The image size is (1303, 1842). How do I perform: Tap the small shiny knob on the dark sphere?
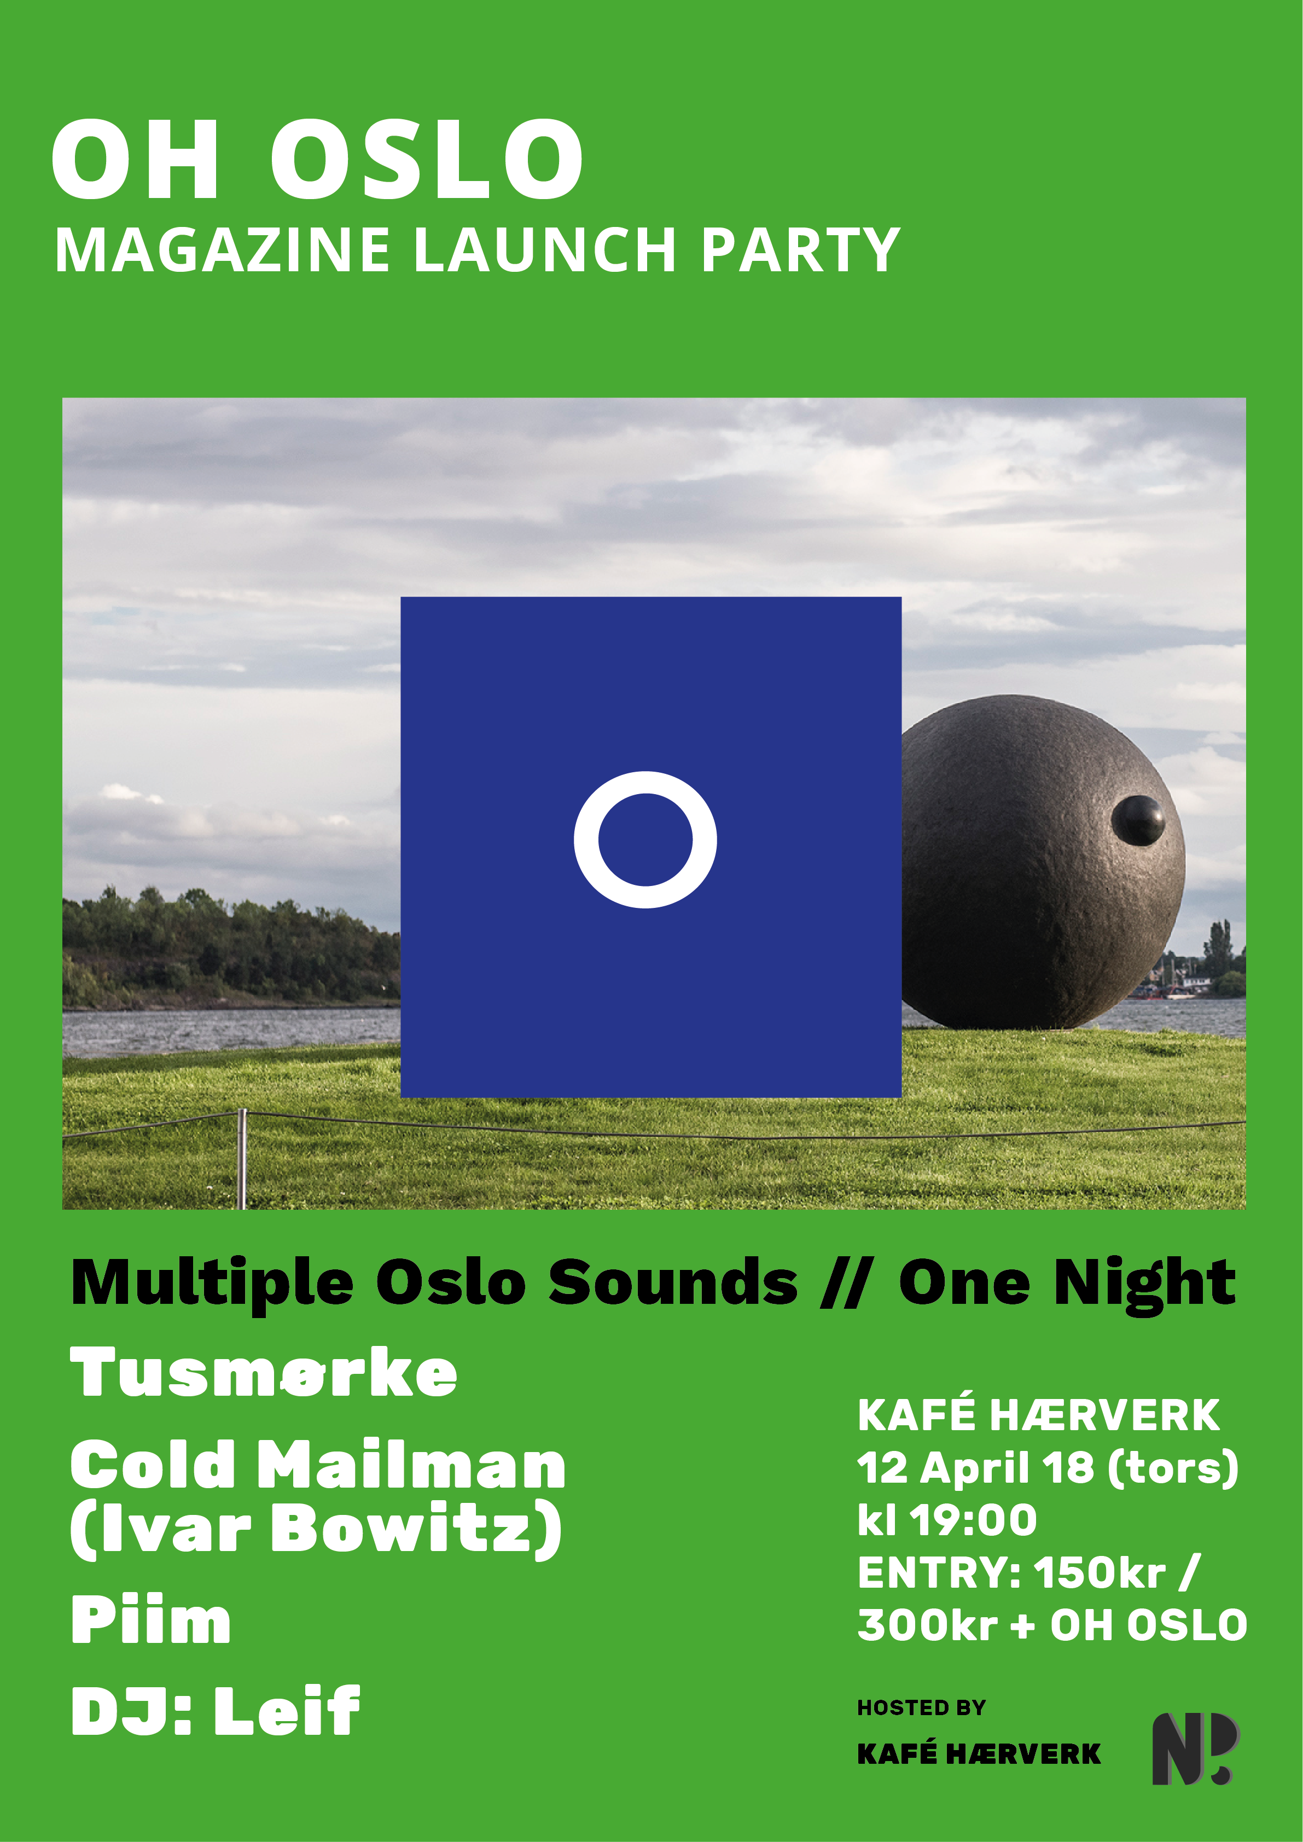(x=1138, y=820)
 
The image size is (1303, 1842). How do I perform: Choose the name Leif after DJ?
(x=287, y=1710)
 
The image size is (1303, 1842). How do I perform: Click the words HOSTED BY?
(x=921, y=1707)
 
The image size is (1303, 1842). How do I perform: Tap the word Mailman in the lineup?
(x=411, y=1464)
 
